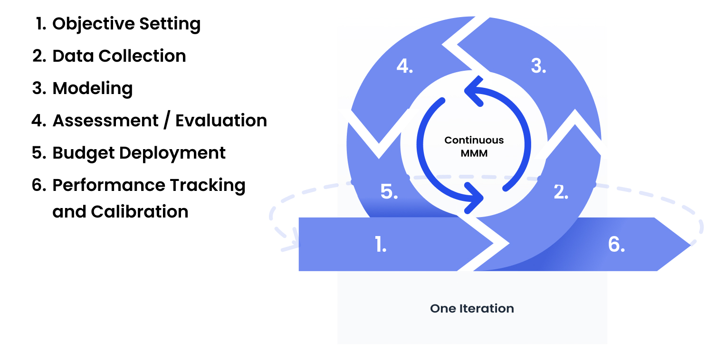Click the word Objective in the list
click(x=94, y=24)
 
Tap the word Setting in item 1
click(x=170, y=24)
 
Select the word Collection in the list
click(x=142, y=56)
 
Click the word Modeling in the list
click(x=93, y=89)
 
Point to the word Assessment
click(x=105, y=121)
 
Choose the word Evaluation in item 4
click(x=221, y=121)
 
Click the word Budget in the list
click(x=83, y=153)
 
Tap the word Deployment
click(x=172, y=153)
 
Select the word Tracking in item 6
click(x=208, y=186)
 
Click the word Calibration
click(x=140, y=211)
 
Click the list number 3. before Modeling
click(x=39, y=88)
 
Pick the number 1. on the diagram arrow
click(x=381, y=244)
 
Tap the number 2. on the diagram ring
click(x=561, y=192)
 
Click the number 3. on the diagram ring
click(x=538, y=66)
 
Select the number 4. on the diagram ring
click(x=405, y=66)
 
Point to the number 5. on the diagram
click(x=389, y=191)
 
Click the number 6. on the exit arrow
click(x=616, y=244)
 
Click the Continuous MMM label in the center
click(x=474, y=147)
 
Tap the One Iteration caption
click(x=472, y=308)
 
